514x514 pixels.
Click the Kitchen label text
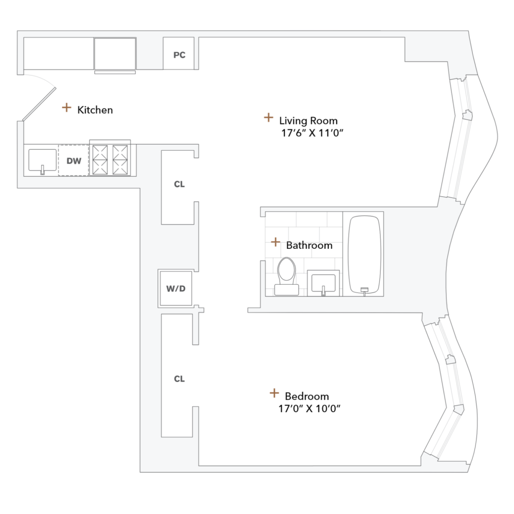[x=95, y=110]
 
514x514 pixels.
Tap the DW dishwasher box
[x=74, y=161]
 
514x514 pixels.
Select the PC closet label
[x=179, y=55]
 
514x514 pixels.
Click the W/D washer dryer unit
[x=175, y=288]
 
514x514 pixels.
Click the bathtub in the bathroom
[x=365, y=254]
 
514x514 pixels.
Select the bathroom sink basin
[x=323, y=282]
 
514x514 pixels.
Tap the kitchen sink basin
[x=42, y=160]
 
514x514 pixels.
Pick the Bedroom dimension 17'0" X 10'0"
[x=309, y=409]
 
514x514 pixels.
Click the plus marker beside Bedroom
[x=275, y=393]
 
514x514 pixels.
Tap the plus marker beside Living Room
[x=268, y=118]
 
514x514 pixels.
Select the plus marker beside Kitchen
[x=66, y=107]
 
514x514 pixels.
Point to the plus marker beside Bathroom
[x=276, y=242]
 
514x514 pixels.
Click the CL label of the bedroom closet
[x=179, y=379]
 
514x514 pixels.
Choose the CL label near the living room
[x=179, y=184]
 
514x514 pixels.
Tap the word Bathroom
[x=309, y=246]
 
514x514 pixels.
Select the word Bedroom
[x=307, y=396]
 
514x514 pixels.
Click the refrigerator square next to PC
[x=115, y=53]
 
